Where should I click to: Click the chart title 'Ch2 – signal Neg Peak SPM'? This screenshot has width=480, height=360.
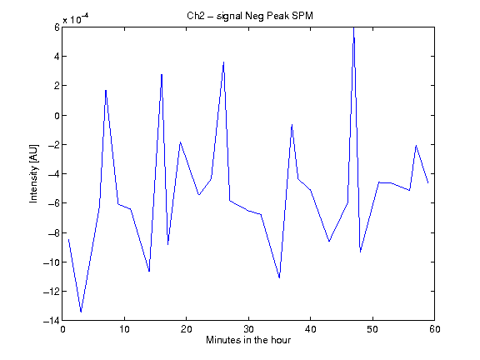coord(250,16)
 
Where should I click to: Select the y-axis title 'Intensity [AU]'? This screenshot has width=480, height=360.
coord(33,173)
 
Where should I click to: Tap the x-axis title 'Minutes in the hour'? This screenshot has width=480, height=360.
coord(248,340)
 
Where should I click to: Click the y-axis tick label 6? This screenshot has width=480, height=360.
coord(57,27)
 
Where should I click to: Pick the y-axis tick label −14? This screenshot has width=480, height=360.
coord(52,321)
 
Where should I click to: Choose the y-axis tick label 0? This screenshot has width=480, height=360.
coord(57,115)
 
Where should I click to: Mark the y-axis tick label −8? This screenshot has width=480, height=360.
coord(54,232)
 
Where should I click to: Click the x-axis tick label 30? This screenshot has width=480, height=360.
coord(248,329)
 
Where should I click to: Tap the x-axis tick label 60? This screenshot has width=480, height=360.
coord(435,329)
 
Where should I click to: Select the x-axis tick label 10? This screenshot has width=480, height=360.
coord(125,329)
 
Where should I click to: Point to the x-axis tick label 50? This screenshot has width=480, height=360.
coord(372,329)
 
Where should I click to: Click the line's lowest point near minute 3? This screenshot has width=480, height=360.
coord(81,312)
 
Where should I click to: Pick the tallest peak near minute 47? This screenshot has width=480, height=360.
coord(354,28)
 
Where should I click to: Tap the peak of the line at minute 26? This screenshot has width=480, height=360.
coord(224,62)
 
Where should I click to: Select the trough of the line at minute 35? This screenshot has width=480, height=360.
coord(279,277)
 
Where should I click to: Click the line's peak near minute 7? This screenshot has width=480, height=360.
coord(106,90)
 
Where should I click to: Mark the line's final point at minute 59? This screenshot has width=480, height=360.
coord(428,183)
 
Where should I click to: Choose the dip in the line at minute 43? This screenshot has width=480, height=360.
coord(329,242)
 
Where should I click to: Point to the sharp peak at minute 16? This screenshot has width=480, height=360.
coord(162,74)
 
